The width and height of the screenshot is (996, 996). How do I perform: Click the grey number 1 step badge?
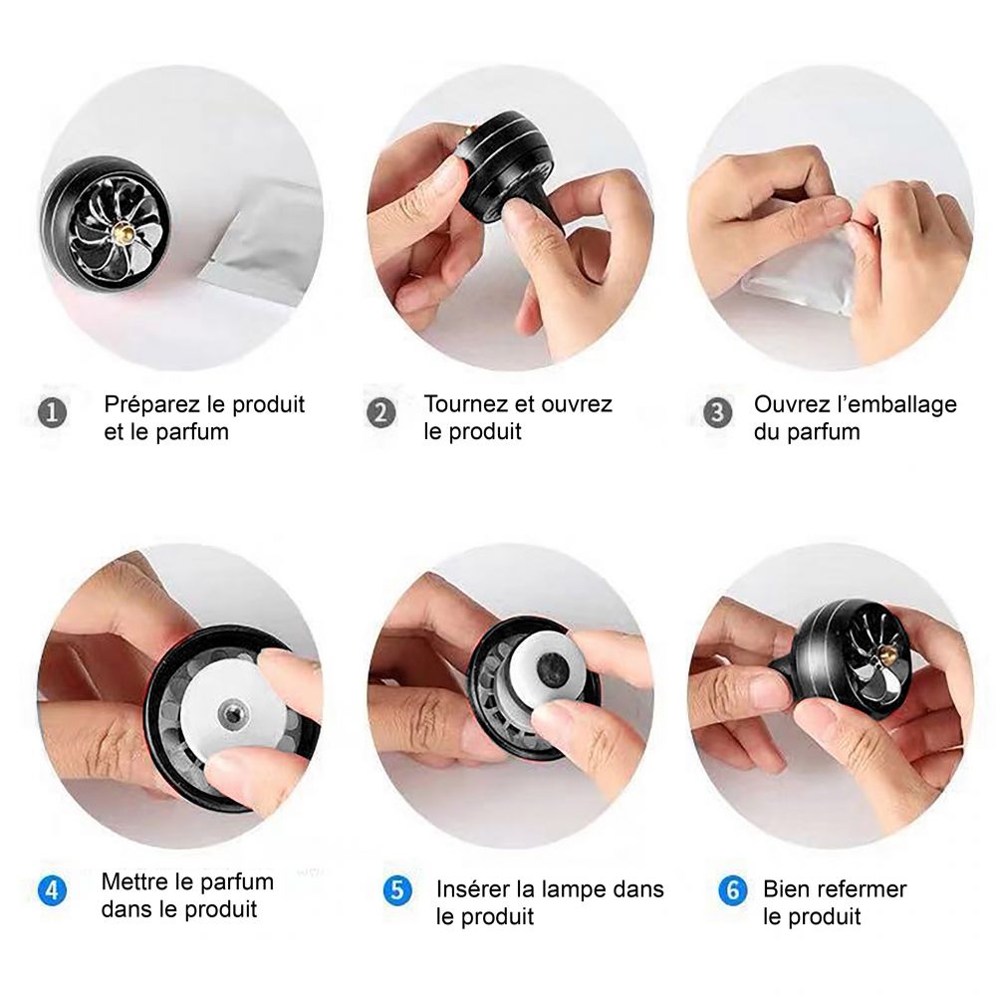click(52, 413)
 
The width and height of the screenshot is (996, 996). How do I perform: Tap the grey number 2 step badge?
click(381, 413)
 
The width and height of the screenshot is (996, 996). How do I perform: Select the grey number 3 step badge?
click(718, 413)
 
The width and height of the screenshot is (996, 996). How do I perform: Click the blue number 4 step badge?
click(52, 890)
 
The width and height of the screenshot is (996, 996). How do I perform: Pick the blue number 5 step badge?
click(397, 890)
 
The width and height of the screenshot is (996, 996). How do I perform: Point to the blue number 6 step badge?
click(732, 890)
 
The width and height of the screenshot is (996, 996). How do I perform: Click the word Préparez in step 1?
click(153, 404)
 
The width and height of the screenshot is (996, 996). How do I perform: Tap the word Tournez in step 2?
click(465, 404)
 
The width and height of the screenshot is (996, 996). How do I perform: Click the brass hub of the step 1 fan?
click(122, 233)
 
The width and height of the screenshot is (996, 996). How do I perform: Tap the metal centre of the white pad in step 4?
click(232, 714)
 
